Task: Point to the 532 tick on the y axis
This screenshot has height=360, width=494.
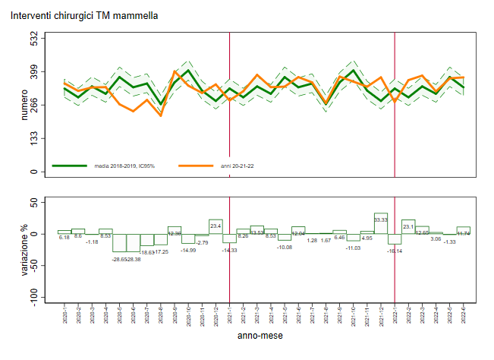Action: point(33,37)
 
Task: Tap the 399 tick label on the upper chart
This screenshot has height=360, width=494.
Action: point(33,71)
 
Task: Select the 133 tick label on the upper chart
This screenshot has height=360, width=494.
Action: point(33,138)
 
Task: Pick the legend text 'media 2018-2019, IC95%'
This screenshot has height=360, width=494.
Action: point(124,166)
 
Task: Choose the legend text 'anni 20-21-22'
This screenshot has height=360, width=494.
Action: point(237,166)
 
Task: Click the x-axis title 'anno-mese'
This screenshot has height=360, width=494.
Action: point(261,335)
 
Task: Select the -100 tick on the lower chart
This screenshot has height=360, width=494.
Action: point(33,296)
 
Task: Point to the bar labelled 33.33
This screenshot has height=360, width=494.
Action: point(381,223)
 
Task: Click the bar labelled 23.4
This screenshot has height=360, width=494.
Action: point(216,226)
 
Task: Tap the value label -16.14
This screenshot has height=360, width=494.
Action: point(395,250)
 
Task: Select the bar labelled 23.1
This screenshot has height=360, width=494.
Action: point(408,226)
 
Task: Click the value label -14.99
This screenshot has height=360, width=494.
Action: point(187,250)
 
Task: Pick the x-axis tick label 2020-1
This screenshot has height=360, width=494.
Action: point(65,313)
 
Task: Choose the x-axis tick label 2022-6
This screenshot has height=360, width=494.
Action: point(464,313)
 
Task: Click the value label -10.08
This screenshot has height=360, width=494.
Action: point(284,247)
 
